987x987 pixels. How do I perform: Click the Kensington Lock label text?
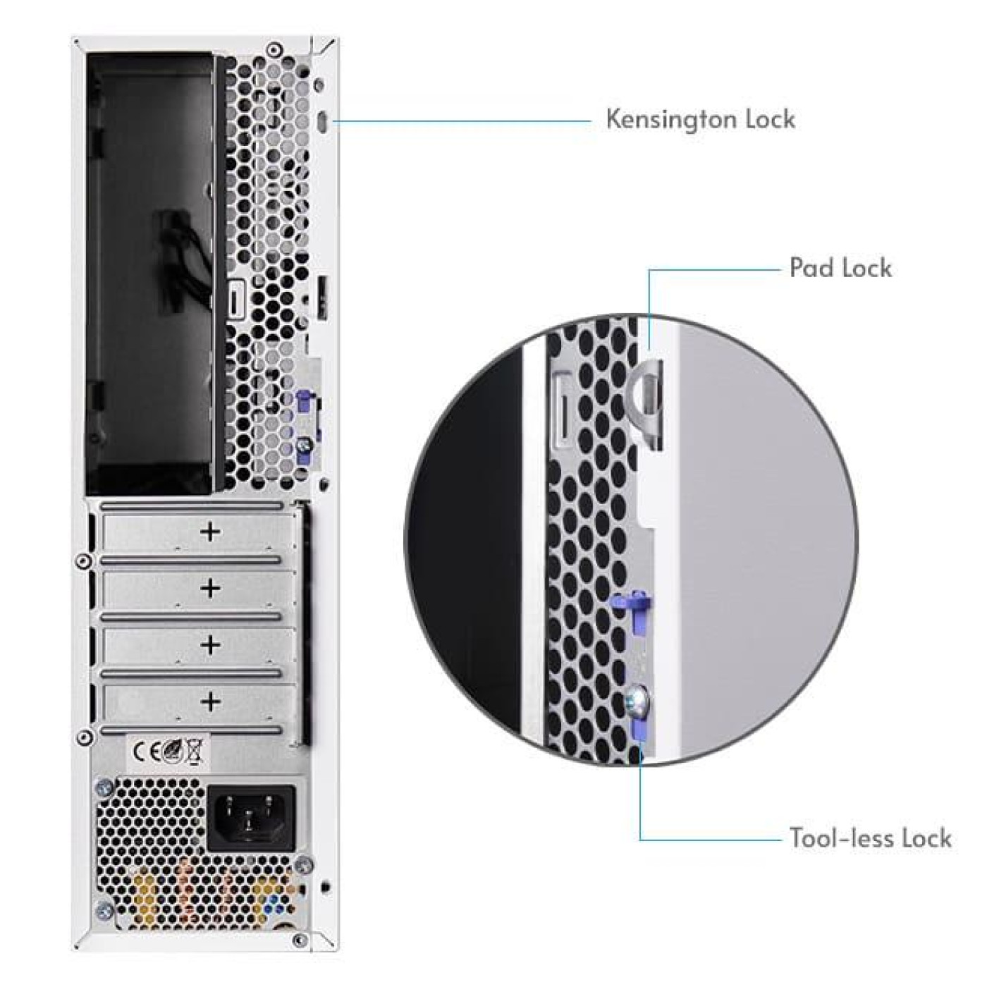(700, 118)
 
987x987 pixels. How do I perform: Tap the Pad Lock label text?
(840, 268)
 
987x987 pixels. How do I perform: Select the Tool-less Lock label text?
(870, 838)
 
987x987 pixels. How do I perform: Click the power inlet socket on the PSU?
(250, 818)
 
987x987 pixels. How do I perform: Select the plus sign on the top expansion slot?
(210, 532)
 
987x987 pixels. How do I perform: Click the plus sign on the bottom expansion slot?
(210, 701)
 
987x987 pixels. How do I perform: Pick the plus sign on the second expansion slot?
(210, 588)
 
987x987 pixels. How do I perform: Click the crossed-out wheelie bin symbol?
(194, 752)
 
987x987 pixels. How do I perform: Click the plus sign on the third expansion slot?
(210, 644)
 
